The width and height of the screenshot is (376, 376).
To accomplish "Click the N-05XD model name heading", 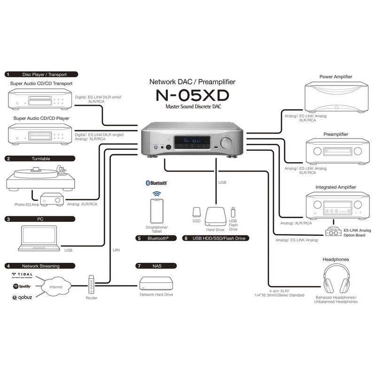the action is tap(192, 95).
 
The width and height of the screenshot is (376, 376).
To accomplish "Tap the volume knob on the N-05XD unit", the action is tap(226, 143).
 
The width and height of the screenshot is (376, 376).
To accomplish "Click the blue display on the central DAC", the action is tap(192, 142).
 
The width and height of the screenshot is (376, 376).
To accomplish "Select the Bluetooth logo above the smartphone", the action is tap(157, 183).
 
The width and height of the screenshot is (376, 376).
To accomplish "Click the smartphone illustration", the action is tap(157, 211).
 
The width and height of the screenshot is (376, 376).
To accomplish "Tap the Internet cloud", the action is tap(56, 287).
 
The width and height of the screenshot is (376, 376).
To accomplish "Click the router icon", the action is tap(91, 285).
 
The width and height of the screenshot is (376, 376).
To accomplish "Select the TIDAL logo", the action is tap(22, 275).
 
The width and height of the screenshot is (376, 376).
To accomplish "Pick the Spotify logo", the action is tap(22, 286).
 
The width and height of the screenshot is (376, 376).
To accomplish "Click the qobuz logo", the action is tap(22, 298).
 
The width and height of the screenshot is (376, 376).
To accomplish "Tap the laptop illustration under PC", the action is tap(39, 238).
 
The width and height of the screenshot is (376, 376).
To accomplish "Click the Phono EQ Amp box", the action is tap(52, 199).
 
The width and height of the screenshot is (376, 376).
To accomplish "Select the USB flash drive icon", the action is tap(233, 212).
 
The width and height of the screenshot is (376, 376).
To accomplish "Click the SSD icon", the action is tap(196, 212).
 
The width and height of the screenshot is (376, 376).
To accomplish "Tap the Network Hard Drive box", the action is tap(156, 283).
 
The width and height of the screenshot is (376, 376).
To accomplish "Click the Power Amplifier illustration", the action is tap(337, 97).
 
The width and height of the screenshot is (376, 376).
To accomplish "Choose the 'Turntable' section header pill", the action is tap(40, 158).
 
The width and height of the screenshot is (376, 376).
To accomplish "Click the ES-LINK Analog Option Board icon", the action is tap(333, 231).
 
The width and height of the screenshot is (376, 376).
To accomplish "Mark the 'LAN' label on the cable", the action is tap(116, 250).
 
